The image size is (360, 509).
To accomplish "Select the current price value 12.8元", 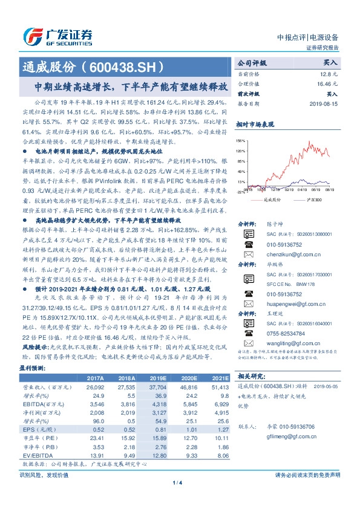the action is (x=330, y=73).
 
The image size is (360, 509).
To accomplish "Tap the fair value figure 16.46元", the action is (x=328, y=84).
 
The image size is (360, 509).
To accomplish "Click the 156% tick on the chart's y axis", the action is (x=240, y=140).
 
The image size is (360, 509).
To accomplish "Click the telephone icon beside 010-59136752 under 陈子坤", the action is (x=247, y=245).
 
